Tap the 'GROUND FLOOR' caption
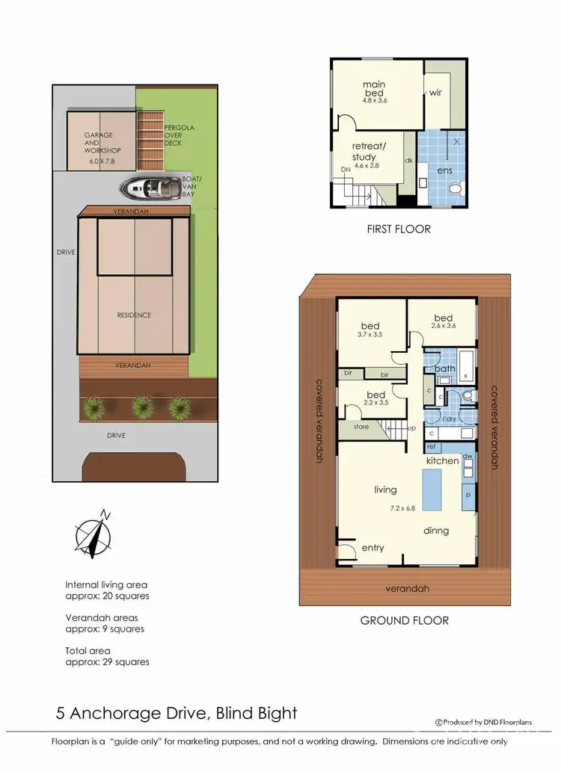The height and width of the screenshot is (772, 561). click(404, 620)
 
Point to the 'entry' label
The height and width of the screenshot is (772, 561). click(373, 548)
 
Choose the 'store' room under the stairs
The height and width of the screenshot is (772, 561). click(361, 427)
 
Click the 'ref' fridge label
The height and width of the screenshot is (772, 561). click(431, 447)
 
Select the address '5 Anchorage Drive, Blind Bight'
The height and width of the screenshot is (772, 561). click(177, 713)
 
